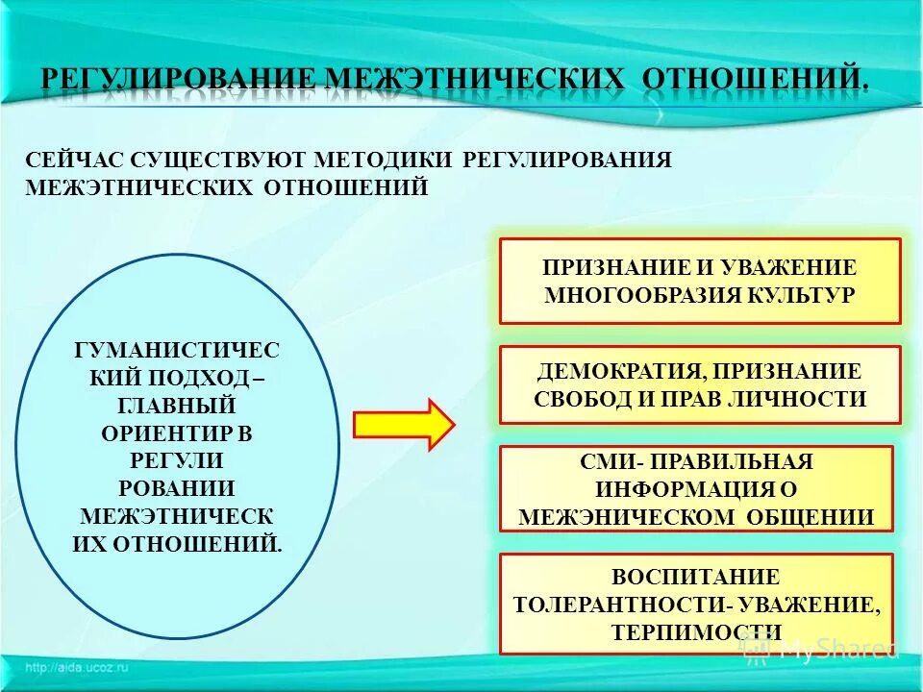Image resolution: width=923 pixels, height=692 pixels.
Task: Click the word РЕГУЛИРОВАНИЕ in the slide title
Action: tap(180, 80)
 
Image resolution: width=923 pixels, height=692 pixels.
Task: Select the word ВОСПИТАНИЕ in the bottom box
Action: tap(696, 577)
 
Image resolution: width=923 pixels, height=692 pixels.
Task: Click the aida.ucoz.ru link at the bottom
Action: tap(77, 667)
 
